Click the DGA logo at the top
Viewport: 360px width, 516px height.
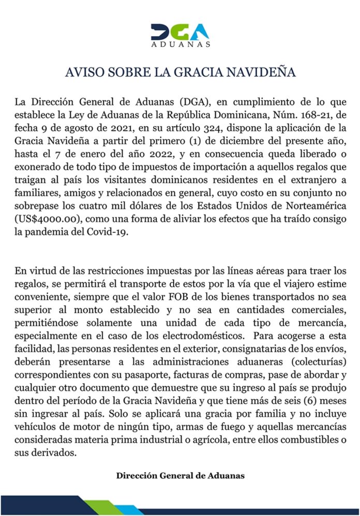180,33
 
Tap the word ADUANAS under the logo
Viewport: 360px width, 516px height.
180,45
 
